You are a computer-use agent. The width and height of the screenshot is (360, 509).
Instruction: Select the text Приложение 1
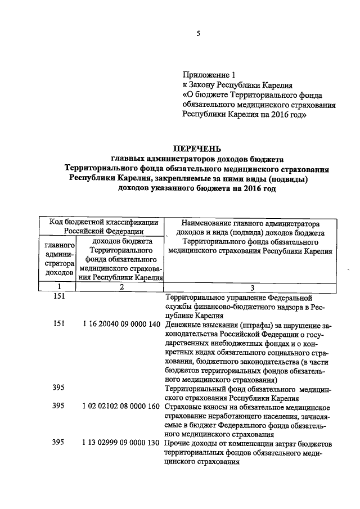[208, 75]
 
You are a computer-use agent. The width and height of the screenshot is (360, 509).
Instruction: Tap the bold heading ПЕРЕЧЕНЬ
[197, 149]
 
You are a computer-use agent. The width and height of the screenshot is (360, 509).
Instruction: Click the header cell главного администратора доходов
[59, 259]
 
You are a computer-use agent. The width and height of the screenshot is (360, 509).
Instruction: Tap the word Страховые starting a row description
[182, 406]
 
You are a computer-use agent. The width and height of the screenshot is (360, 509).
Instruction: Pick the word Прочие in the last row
[177, 444]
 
